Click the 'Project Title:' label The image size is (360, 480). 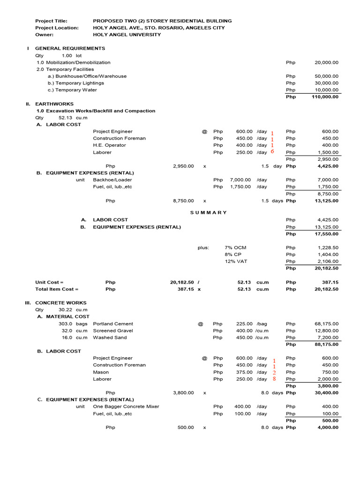tap(51, 21)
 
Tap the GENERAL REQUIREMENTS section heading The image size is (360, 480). tap(70, 48)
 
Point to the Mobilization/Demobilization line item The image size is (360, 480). tap(74, 62)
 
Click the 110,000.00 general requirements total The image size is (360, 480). tap(325, 97)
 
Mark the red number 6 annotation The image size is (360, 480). tap(272, 152)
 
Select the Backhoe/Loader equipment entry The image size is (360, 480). tap(112, 180)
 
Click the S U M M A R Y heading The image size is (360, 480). tap(208, 213)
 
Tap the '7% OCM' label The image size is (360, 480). tap(235, 247)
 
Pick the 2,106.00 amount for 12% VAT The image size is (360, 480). tap(328, 262)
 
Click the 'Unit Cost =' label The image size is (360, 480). tap(49, 283)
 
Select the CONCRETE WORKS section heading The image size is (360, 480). tap(61, 303)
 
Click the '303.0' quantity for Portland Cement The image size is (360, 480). tap(65, 324)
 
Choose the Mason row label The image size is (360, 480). tap(101, 372)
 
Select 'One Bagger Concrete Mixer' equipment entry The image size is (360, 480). tap(126, 407)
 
